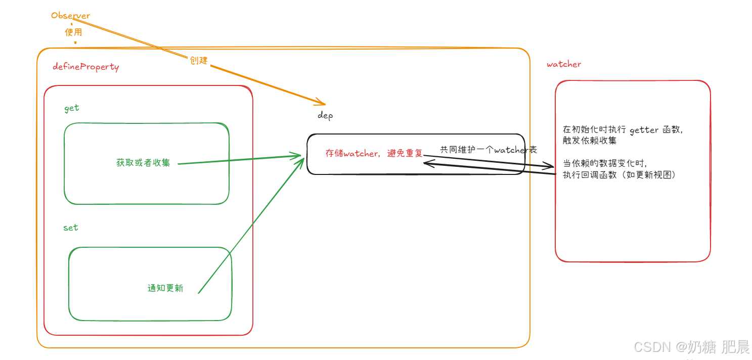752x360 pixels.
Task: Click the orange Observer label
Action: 70,16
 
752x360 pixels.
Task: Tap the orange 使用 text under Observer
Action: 73,32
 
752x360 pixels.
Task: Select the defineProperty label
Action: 86,67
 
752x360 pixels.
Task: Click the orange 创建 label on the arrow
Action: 199,60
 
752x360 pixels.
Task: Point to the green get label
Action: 72,108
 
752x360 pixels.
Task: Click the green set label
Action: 71,228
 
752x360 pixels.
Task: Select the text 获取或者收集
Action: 143,163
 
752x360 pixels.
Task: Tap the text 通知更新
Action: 165,288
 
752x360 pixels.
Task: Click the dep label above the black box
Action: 325,115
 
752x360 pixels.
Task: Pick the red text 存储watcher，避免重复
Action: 374,153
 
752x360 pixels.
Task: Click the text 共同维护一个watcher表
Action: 488,150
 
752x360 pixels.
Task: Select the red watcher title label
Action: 564,64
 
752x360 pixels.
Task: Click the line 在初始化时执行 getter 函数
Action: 623,130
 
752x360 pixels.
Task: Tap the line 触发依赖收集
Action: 590,141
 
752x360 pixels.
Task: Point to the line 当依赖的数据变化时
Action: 605,164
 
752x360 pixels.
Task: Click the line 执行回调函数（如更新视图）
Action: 620,175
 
